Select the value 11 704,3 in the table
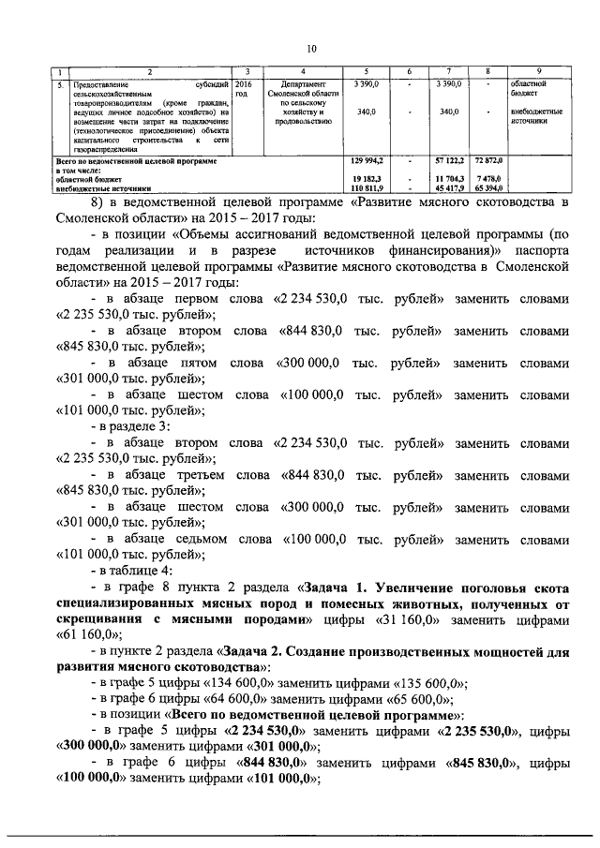tap(442, 178)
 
